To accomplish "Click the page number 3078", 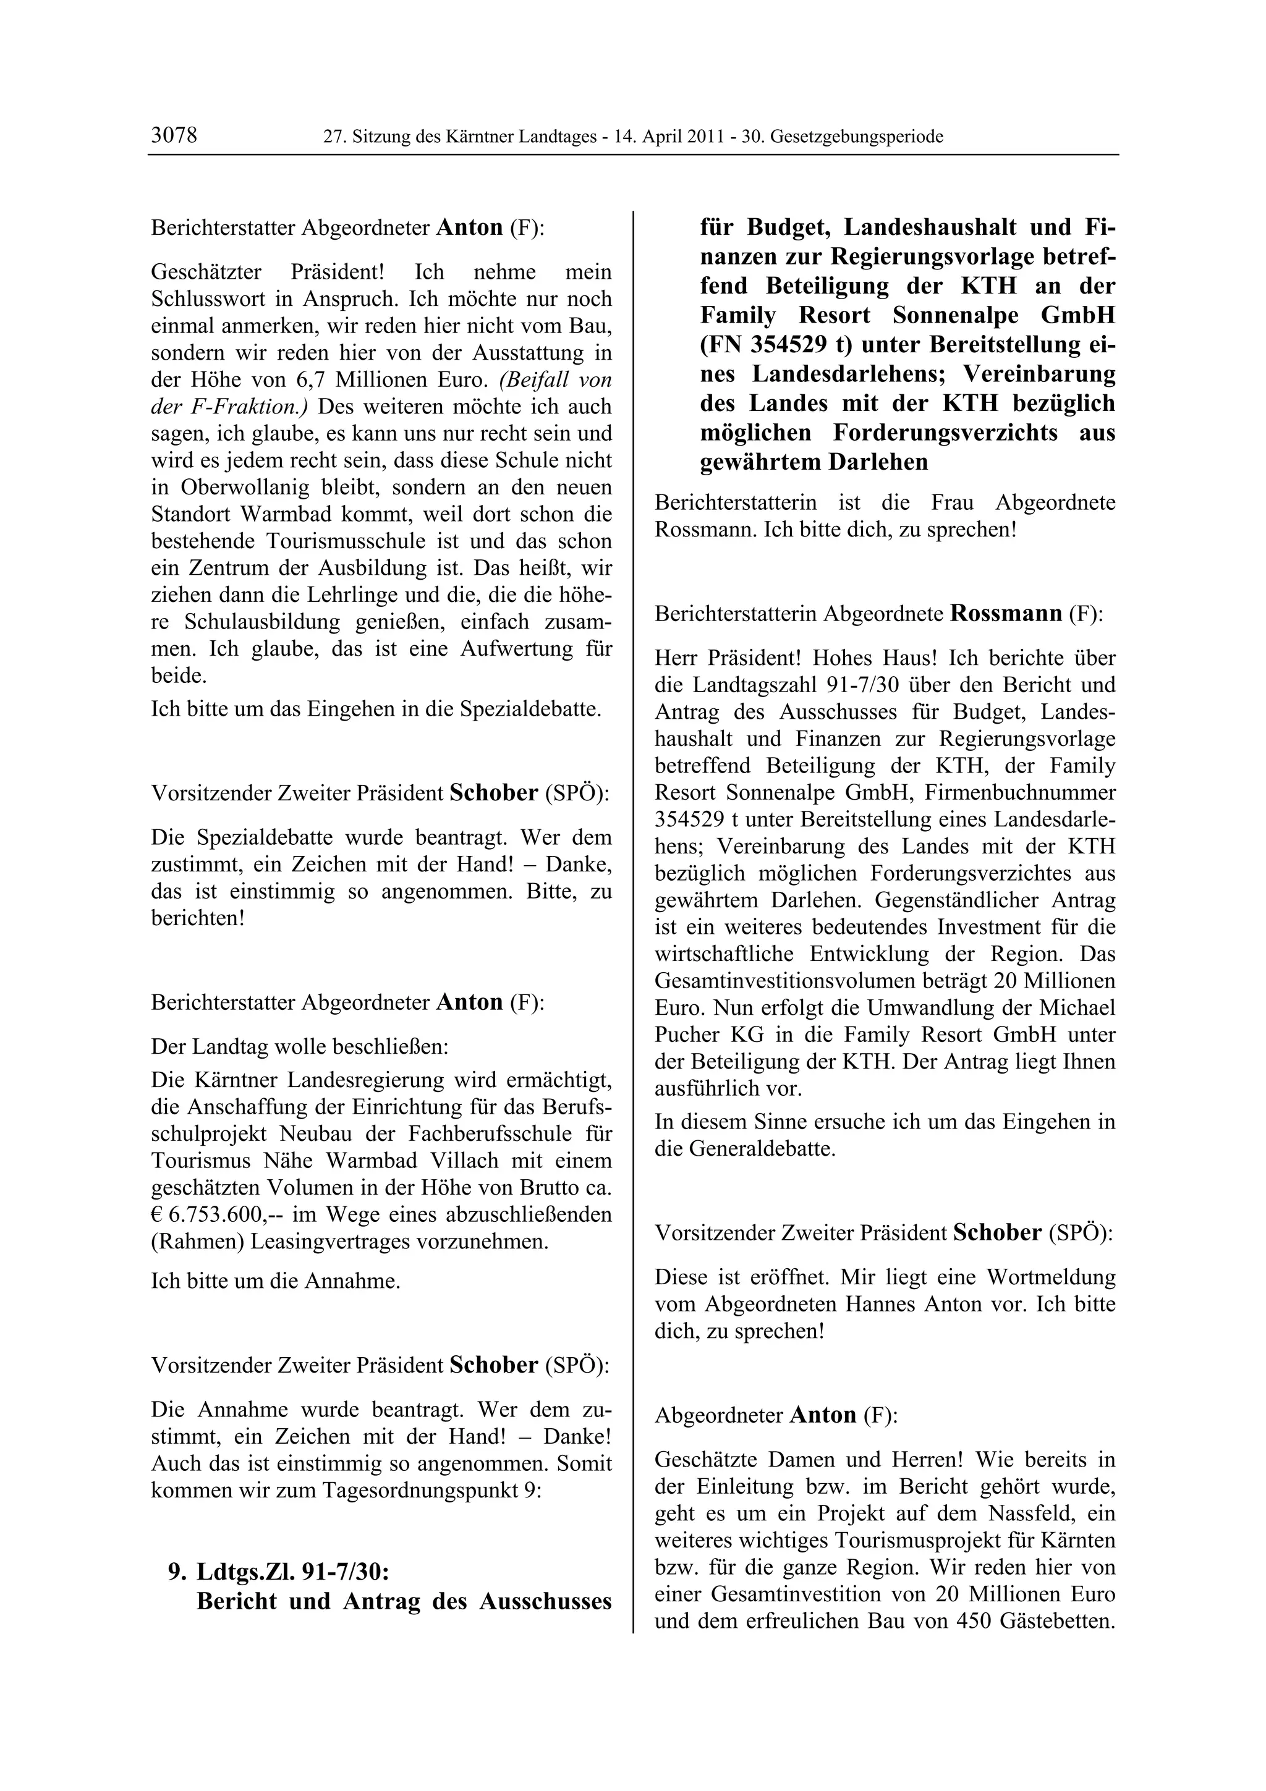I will click(x=174, y=136).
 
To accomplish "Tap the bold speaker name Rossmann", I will click(x=1006, y=613).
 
